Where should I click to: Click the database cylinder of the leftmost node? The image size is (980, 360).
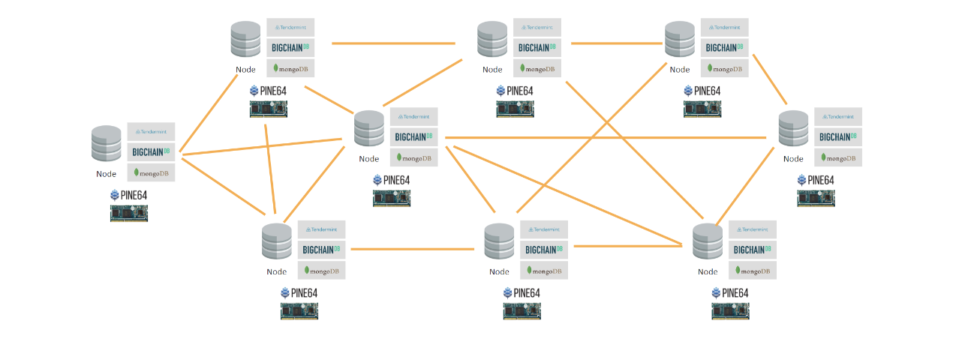pos(107,143)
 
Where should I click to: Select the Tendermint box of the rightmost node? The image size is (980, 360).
pos(838,117)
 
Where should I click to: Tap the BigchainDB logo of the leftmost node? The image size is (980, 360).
pos(151,151)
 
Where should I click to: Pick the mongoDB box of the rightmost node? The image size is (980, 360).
pos(838,157)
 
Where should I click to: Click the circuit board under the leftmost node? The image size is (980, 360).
pos(129,213)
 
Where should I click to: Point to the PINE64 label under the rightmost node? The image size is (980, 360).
pos(816,180)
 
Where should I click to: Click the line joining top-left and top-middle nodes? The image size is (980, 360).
pos(394,43)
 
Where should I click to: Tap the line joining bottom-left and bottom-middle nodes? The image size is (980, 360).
pos(415,248)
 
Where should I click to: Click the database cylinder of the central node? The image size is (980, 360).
pos(369,129)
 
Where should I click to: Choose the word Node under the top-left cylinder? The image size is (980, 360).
pos(246,69)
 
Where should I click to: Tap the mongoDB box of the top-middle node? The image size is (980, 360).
pos(537,68)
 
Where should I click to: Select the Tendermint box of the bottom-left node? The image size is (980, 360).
pos(321,229)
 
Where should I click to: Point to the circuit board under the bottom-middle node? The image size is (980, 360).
pos(522,310)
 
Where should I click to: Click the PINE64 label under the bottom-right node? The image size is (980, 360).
pos(730,292)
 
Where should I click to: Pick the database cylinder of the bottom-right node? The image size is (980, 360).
pos(708,241)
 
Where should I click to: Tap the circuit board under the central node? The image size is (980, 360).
pos(392,198)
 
